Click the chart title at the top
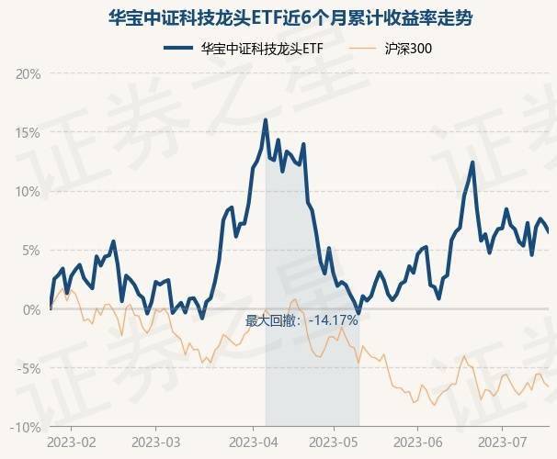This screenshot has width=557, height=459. point(278,17)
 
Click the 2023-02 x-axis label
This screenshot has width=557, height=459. point(70,442)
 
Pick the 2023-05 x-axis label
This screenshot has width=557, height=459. point(334,442)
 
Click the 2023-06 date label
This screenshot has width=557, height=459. point(417,442)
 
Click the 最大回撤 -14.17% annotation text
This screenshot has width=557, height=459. point(301,320)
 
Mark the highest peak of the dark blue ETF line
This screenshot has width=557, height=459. point(266,120)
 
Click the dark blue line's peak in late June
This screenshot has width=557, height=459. point(472,162)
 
